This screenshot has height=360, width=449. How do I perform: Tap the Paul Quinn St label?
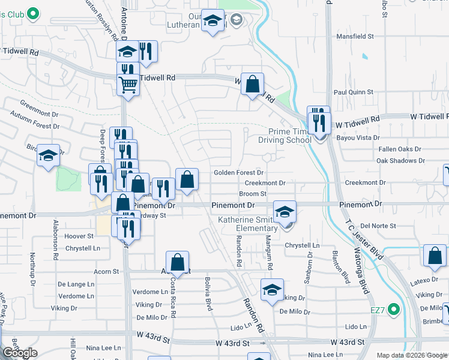354,92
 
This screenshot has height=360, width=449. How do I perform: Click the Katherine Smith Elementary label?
247,224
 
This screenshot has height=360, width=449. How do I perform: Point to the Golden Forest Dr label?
239,173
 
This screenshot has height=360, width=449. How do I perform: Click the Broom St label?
253,194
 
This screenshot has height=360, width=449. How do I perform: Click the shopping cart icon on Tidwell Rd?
128,85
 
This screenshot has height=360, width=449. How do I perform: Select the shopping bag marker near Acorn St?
177,263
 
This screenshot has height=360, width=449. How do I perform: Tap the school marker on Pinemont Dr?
285,211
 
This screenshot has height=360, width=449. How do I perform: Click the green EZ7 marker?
393,310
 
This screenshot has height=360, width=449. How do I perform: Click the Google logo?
20,353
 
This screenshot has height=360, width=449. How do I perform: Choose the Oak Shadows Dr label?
400,161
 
